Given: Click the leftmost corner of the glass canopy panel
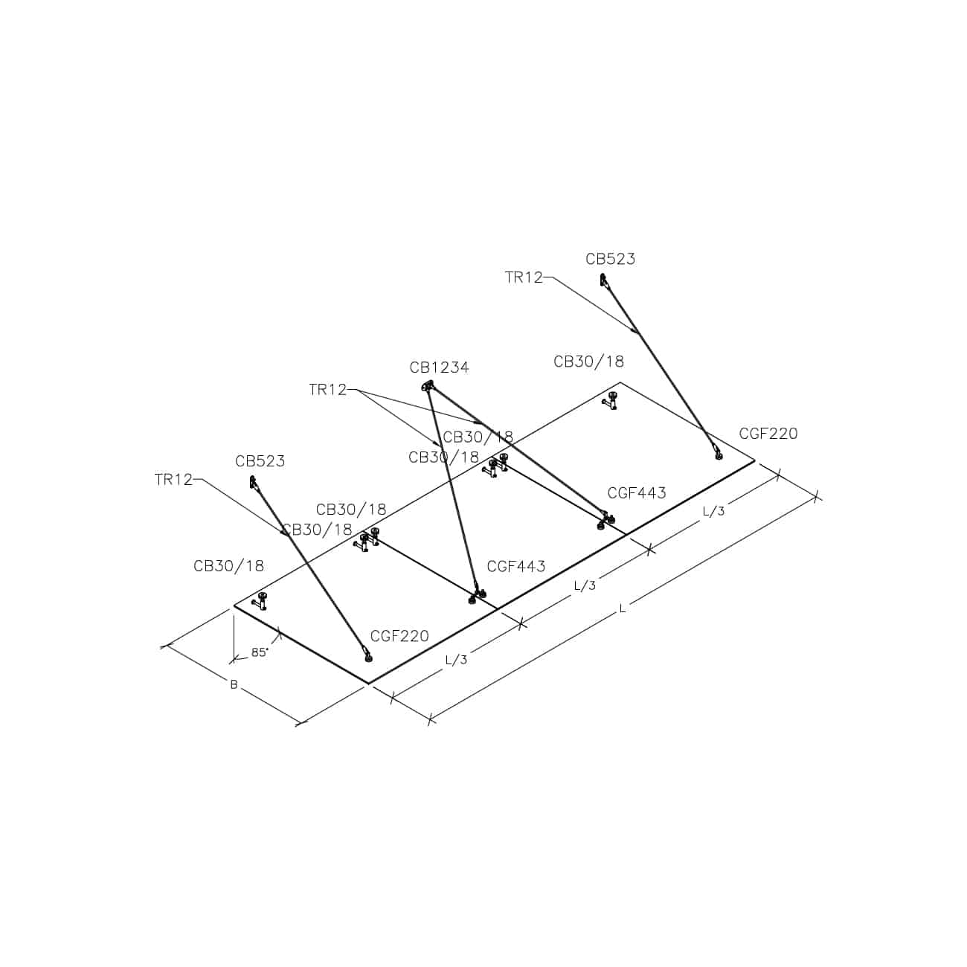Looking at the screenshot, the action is pos(234,605).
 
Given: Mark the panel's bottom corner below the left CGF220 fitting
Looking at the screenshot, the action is pos(369,684).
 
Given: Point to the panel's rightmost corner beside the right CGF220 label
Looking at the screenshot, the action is pos(754,460).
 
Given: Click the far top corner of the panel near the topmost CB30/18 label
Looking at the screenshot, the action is pos(620,382).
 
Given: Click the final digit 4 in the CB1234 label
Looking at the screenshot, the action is pos(464,367).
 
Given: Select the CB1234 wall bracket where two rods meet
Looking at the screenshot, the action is pos(428,386).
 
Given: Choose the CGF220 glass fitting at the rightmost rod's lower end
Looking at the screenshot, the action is pos(719,454).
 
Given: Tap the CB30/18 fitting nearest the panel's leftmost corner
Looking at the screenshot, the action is pos(261,601).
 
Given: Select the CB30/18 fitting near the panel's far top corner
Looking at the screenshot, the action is pos(611,402).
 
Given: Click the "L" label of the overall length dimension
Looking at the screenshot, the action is pos(623,608).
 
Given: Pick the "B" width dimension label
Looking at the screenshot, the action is pos(234,684).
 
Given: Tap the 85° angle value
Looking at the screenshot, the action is pos(260,652).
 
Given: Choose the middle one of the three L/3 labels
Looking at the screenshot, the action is pos(585,585).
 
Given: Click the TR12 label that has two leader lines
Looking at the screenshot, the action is pos(328,390).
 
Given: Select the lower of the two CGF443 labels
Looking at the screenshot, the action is pos(516,566).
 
